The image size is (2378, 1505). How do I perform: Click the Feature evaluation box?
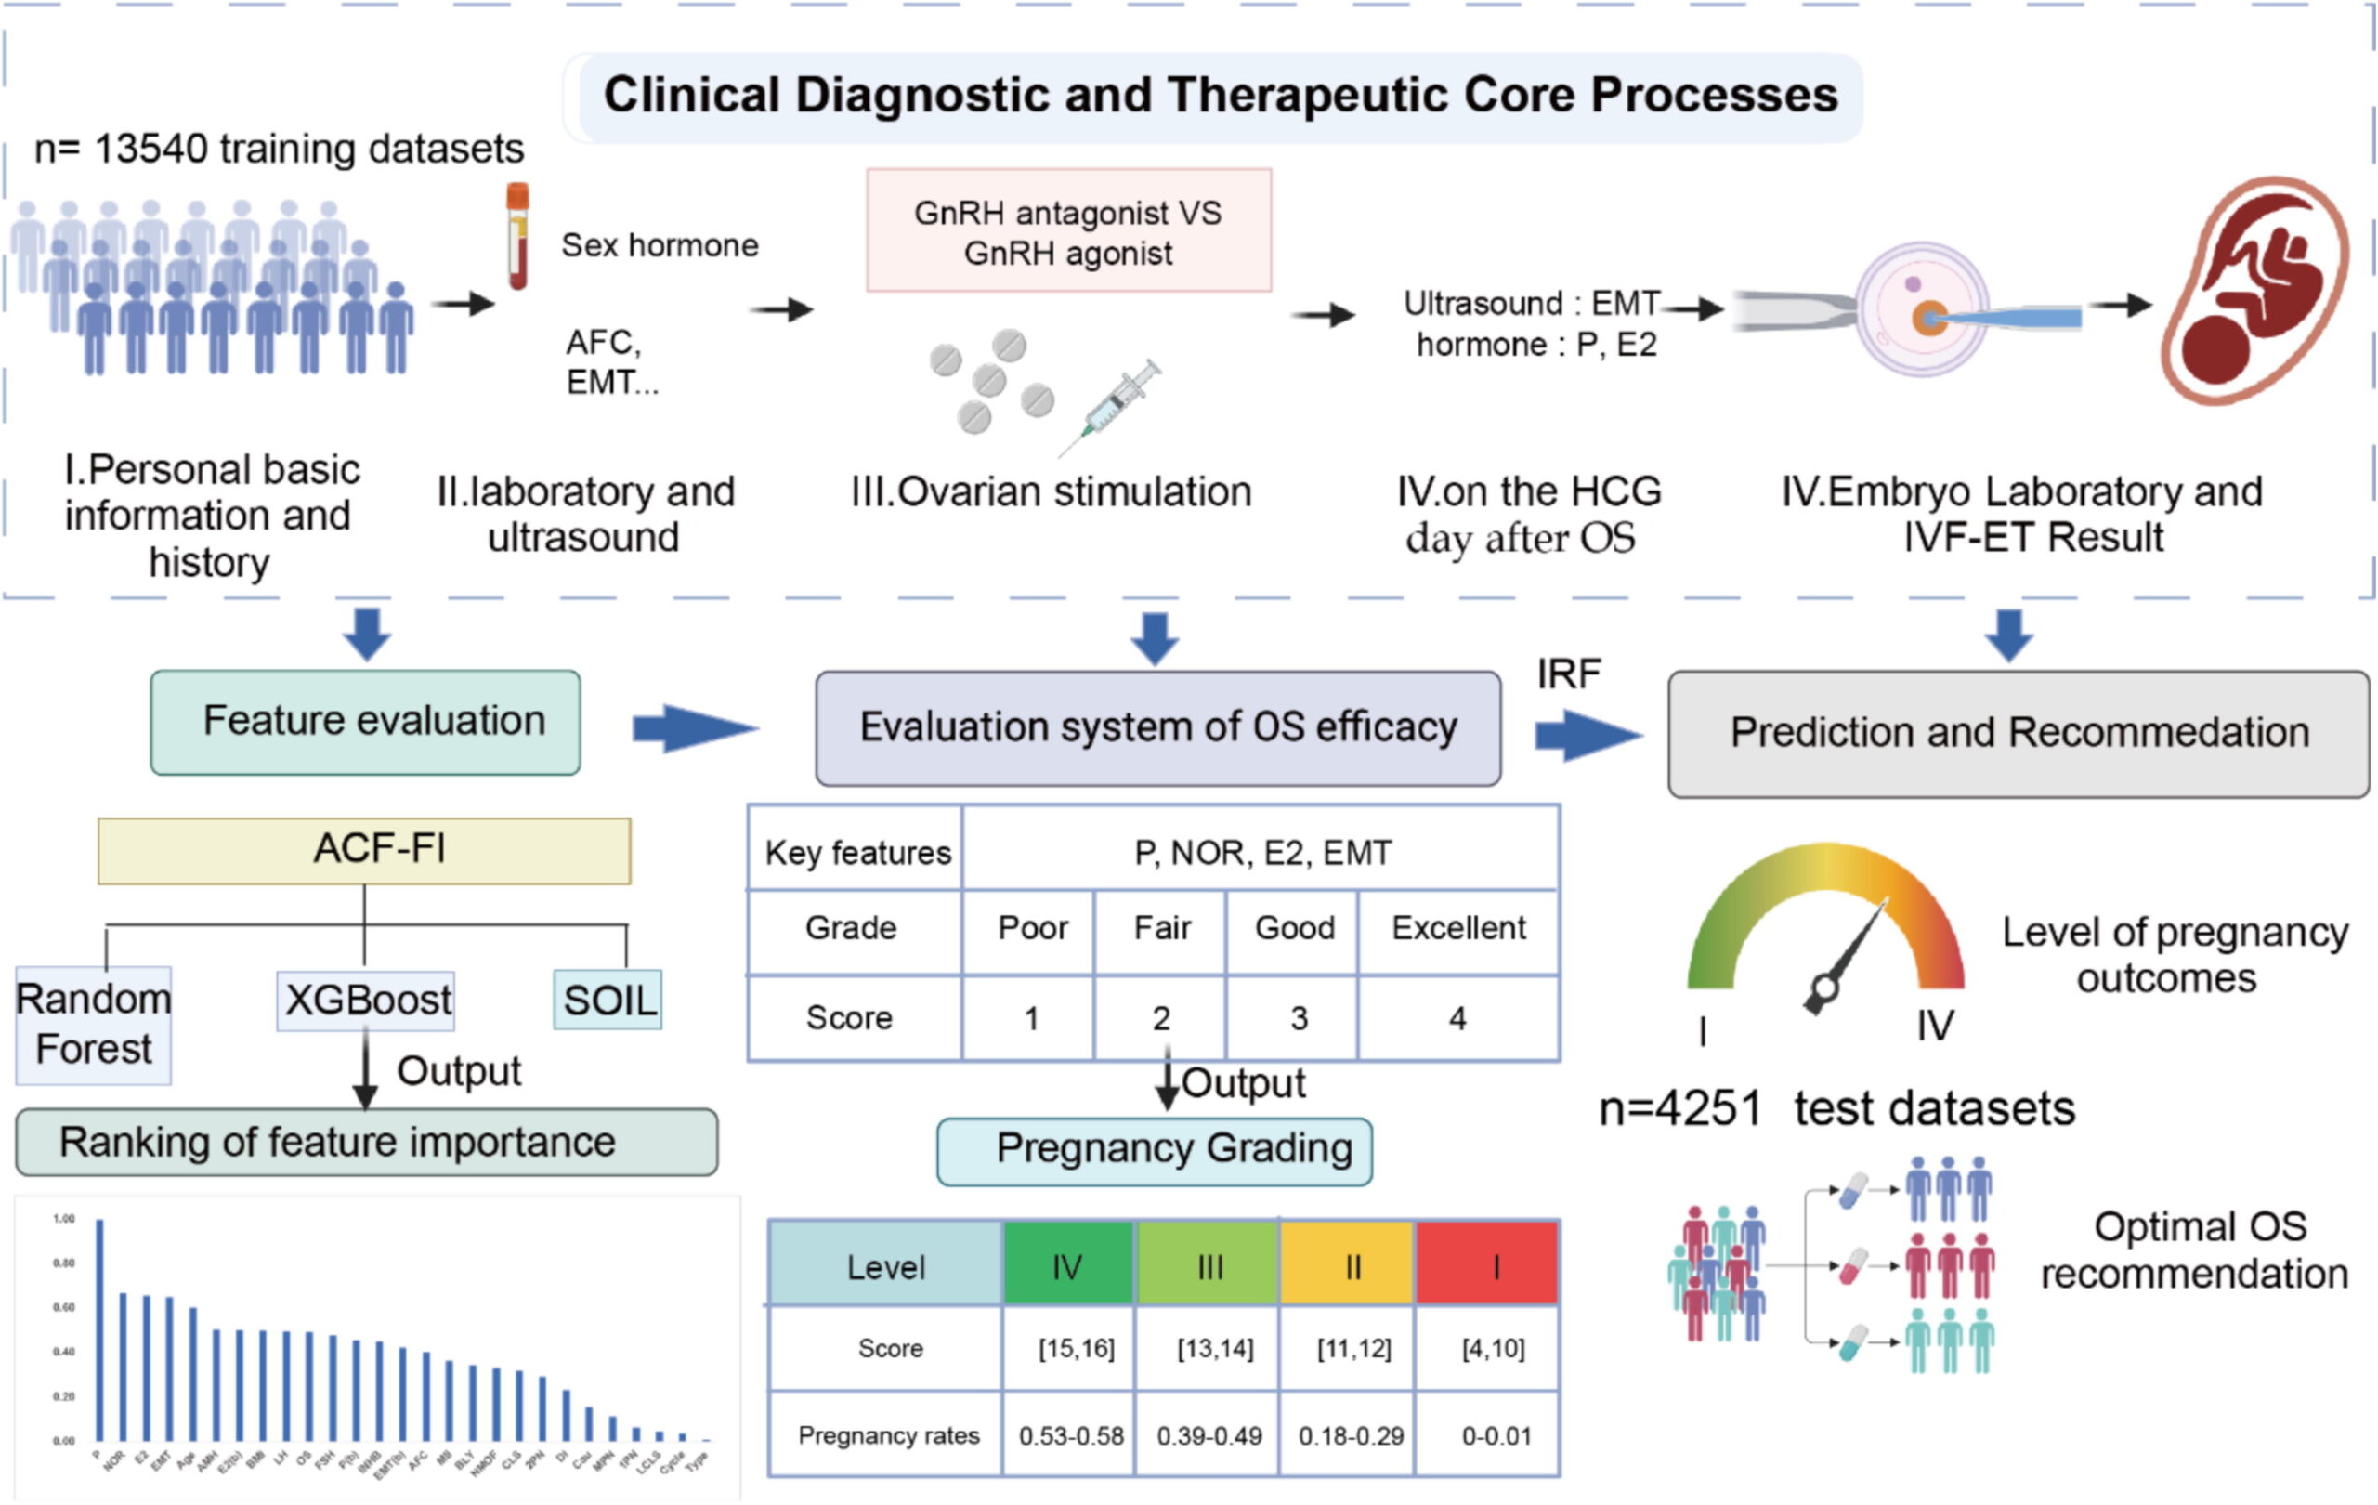365,722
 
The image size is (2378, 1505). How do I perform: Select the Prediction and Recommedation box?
2018,734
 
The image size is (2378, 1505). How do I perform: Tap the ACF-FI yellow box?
364,849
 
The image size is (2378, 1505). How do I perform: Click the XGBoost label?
366,1001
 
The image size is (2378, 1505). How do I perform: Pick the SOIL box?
608,1001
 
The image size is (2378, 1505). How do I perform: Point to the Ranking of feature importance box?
366,1142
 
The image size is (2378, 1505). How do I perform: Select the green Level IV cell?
1067,1265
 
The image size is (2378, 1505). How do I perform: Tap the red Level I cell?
1488,1265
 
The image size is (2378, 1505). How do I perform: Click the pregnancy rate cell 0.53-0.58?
1070,1435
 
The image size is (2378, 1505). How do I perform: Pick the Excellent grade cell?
1458,928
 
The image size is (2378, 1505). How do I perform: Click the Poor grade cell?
1031,928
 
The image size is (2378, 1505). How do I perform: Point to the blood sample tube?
517,237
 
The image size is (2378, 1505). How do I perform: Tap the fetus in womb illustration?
2256,292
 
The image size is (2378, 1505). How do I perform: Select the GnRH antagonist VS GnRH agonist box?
1068,231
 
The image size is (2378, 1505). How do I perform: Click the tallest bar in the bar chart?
99,1329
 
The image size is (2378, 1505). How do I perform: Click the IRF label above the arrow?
1568,674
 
